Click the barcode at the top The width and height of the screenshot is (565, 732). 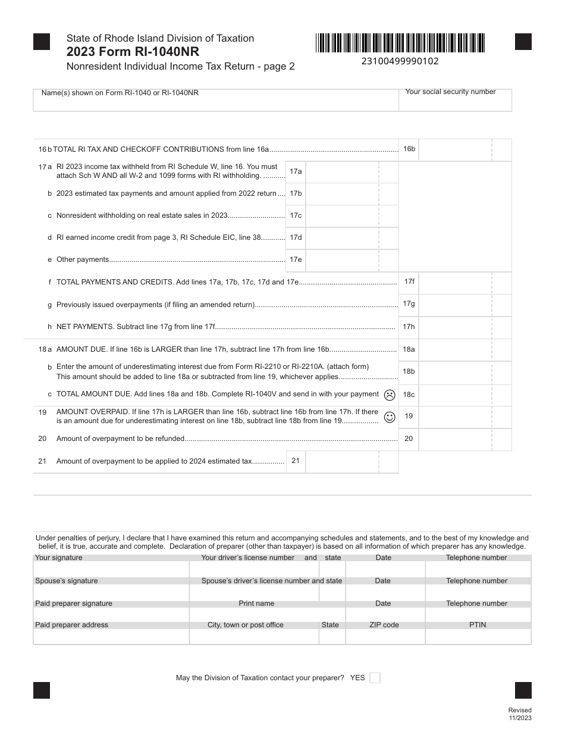[x=400, y=43]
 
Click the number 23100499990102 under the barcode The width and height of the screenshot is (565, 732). [x=400, y=61]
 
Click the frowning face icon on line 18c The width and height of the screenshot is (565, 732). [x=390, y=395]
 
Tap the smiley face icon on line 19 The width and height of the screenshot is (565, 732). [x=390, y=417]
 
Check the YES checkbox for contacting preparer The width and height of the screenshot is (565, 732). [x=375, y=678]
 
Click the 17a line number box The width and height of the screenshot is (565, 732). [x=296, y=171]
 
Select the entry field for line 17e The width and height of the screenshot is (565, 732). [x=342, y=260]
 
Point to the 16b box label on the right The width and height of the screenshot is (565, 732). [x=409, y=149]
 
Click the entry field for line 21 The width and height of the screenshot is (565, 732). [x=342, y=461]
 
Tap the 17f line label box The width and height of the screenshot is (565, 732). [x=409, y=281]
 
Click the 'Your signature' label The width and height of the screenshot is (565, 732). [x=59, y=558]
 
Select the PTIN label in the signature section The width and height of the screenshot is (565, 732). [x=478, y=625]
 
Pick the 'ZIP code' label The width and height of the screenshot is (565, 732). [x=384, y=625]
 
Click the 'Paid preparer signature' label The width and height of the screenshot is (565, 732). [x=74, y=603]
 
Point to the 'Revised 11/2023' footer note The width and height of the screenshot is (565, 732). [x=520, y=714]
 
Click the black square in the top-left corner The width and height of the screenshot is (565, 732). [x=42, y=42]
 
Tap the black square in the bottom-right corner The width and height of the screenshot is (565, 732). [x=523, y=690]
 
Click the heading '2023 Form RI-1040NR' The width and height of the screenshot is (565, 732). [x=133, y=52]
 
